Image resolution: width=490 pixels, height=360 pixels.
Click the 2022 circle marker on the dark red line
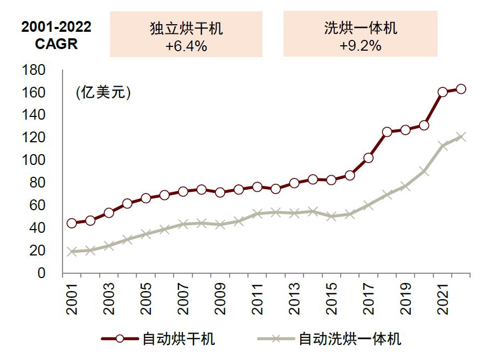(x=461, y=89)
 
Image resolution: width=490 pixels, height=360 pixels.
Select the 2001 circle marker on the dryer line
(x=72, y=223)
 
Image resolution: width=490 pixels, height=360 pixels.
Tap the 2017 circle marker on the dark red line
(x=368, y=158)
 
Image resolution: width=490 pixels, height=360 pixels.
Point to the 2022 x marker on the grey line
(x=461, y=137)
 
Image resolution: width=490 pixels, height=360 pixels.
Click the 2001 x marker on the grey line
(x=72, y=252)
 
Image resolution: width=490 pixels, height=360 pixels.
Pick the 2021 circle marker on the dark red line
(x=443, y=92)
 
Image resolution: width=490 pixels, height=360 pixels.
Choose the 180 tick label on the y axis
(x=33, y=71)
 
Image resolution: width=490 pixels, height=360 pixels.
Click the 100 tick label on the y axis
(x=33, y=161)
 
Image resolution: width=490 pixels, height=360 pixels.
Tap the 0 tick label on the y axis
(x=41, y=273)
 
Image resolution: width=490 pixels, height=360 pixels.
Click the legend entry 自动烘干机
(x=178, y=339)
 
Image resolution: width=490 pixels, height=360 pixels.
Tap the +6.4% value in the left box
(x=186, y=46)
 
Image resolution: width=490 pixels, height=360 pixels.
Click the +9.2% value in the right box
(x=360, y=46)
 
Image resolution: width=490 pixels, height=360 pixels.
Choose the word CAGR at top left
(x=56, y=44)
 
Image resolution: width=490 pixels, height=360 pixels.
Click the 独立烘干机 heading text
(x=186, y=29)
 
